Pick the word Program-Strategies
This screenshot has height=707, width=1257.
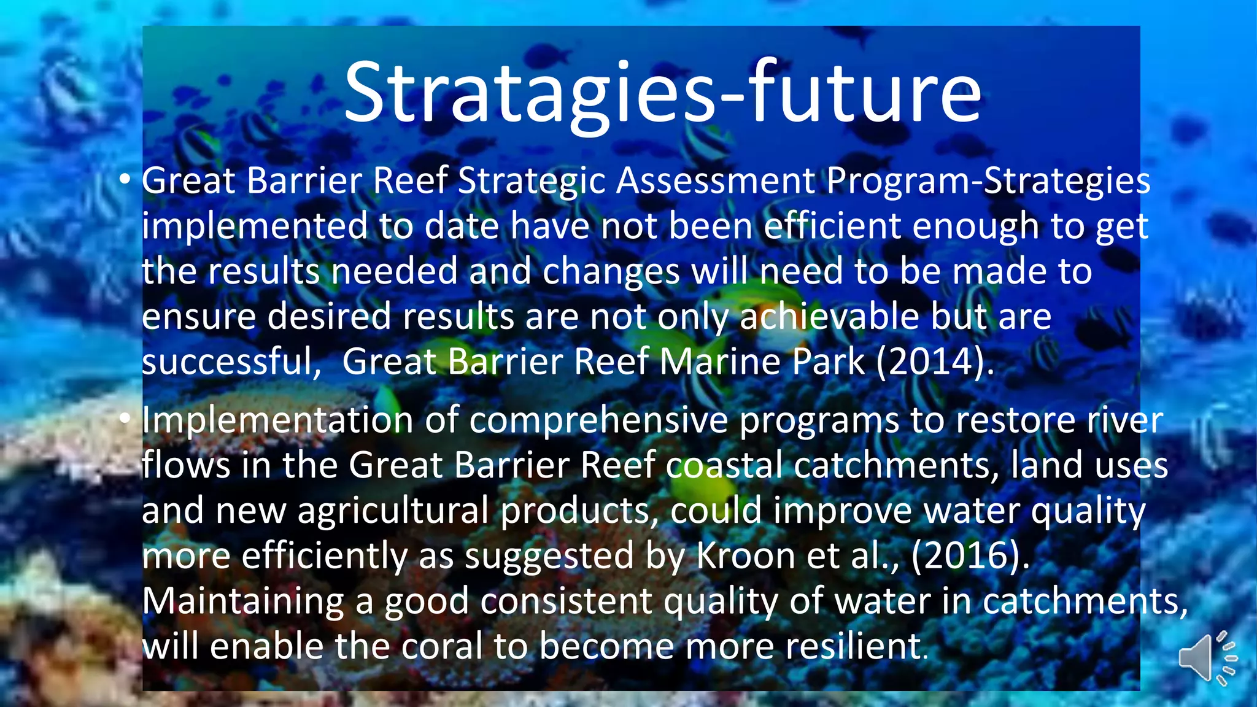pos(988,181)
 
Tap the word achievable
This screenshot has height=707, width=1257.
pos(829,316)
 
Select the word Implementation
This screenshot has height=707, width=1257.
pos(277,420)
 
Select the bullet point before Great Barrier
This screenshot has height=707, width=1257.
pos(125,180)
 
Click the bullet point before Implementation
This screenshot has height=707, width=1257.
pos(125,419)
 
